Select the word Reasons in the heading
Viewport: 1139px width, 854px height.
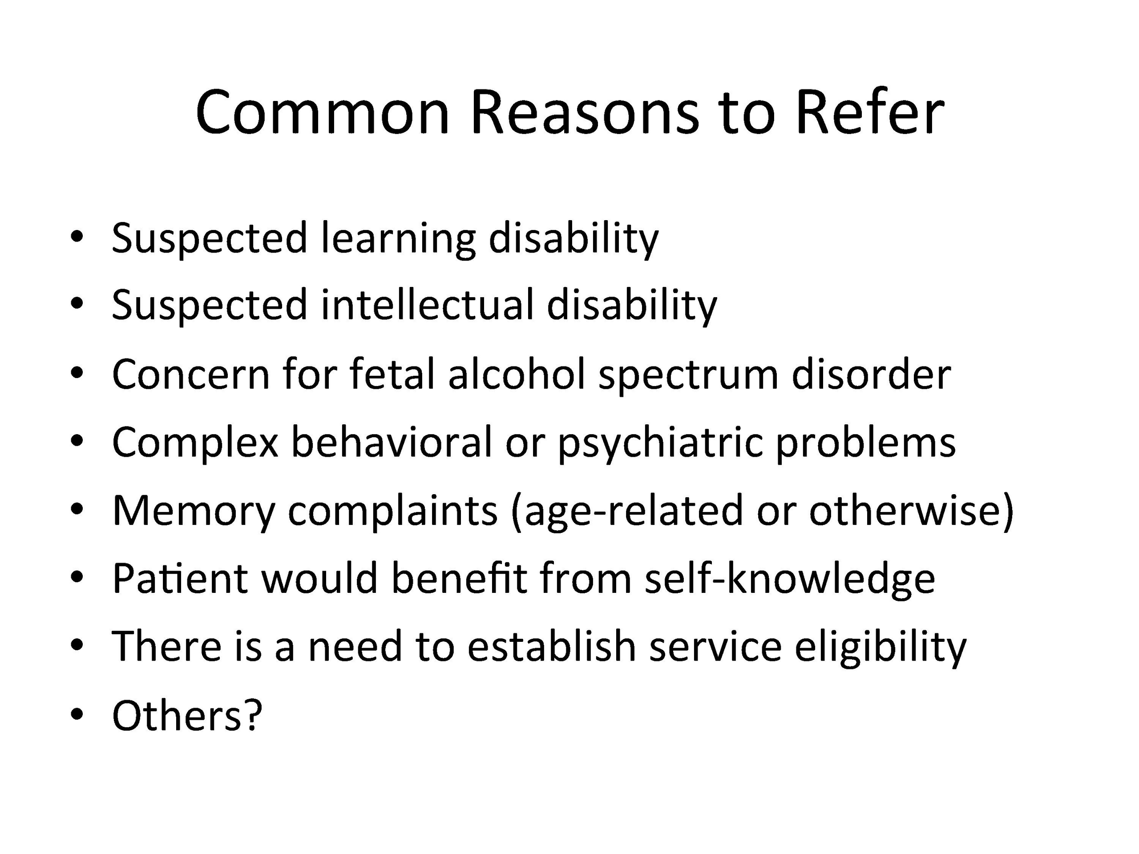(585, 113)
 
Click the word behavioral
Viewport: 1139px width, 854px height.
(392, 441)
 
